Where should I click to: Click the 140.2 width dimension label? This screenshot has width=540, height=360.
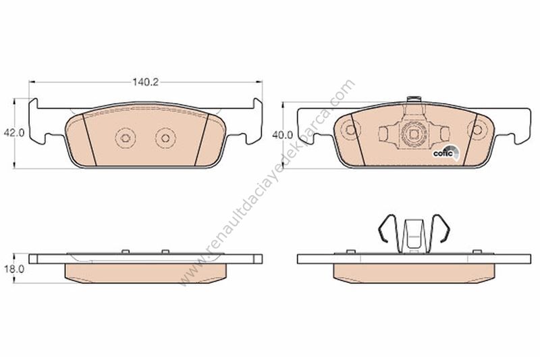pos(145,82)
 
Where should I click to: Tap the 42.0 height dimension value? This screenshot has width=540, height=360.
pos(14,133)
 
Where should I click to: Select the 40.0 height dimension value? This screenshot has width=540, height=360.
pos(282,135)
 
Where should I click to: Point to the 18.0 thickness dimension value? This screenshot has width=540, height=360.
pos(14,269)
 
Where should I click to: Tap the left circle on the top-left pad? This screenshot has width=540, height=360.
pos(126,138)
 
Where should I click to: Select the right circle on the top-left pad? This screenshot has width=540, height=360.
pos(165,138)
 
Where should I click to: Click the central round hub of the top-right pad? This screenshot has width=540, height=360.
pos(413,133)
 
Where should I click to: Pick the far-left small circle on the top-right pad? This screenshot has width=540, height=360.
pos(350,130)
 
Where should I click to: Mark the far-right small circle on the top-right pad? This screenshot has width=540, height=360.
pos(477,130)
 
